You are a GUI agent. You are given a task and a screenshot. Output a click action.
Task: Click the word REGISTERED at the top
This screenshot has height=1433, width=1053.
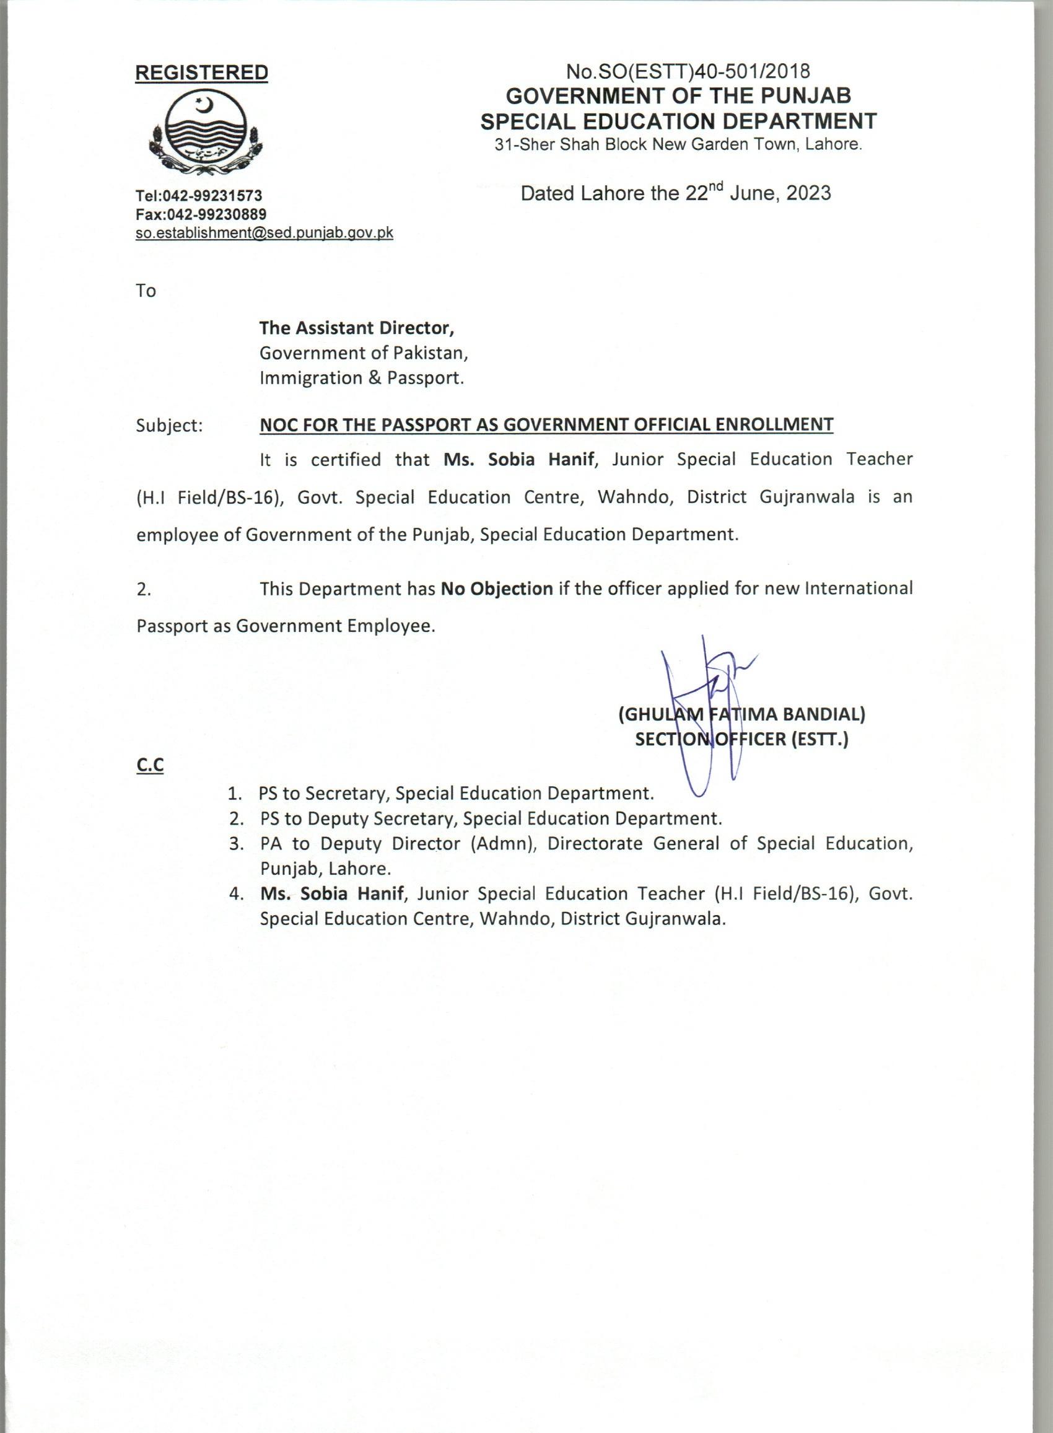(201, 72)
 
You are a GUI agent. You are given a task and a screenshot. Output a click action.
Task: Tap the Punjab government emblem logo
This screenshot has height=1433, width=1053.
(205, 132)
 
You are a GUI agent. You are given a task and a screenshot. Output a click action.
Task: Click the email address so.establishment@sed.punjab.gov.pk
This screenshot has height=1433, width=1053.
(264, 233)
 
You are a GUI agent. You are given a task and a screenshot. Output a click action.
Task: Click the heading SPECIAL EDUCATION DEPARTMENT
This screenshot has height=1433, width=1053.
(678, 121)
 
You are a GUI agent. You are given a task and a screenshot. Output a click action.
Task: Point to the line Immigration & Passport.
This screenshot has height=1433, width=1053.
(361, 378)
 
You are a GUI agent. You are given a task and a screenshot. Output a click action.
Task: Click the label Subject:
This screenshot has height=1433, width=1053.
(169, 425)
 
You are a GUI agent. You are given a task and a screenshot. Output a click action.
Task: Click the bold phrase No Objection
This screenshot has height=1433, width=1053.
(497, 589)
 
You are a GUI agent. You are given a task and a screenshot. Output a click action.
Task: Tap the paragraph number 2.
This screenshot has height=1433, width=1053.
(144, 590)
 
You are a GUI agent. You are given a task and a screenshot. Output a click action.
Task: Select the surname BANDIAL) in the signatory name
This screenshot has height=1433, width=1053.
(823, 714)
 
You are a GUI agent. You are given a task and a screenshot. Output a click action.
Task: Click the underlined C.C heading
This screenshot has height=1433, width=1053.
(150, 766)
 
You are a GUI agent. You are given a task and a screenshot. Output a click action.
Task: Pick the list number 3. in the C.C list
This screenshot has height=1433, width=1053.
(237, 844)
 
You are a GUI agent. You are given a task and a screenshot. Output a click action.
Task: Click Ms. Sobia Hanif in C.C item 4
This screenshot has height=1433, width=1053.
(331, 894)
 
